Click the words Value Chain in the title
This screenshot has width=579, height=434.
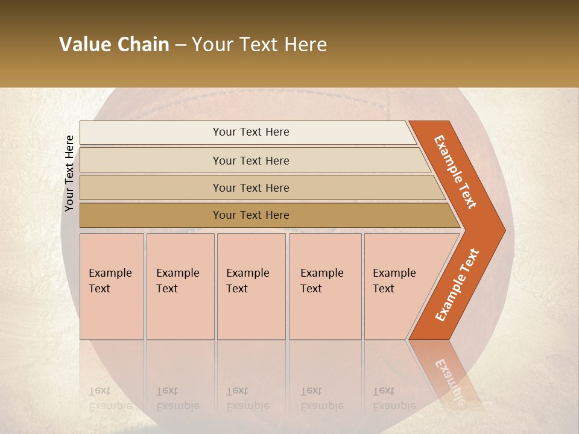pos(114,44)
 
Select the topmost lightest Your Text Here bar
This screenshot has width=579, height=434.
pos(250,132)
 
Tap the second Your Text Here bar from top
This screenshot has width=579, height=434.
pos(250,160)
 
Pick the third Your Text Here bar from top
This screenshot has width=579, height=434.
pos(250,187)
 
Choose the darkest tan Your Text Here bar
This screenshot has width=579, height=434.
pos(250,215)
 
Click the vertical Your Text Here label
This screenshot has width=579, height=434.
pos(69,173)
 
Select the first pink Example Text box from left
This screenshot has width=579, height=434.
pos(112,286)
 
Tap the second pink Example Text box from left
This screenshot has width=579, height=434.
pos(180,286)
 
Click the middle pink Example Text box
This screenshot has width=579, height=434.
pos(250,286)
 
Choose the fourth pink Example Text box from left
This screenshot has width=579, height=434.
pos(324,286)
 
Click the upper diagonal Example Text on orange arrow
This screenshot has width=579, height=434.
pos(455,171)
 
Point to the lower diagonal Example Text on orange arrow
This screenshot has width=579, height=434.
pos(457,285)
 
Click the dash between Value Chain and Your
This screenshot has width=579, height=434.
pos(180,45)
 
